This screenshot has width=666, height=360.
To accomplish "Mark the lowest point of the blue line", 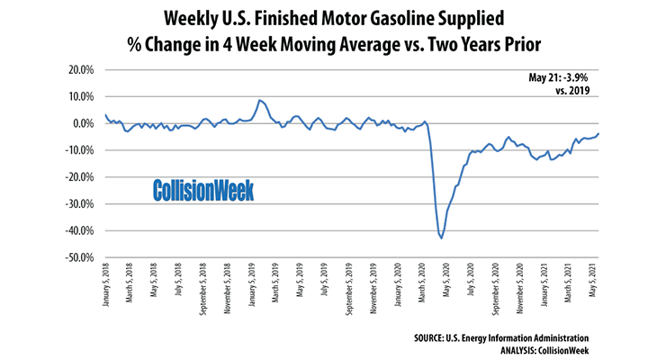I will [x=441, y=238].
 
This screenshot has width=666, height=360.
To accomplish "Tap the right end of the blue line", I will [x=599, y=133].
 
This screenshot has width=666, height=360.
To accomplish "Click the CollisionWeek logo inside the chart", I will [x=202, y=190].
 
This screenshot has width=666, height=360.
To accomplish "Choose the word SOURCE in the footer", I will [x=441, y=337].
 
